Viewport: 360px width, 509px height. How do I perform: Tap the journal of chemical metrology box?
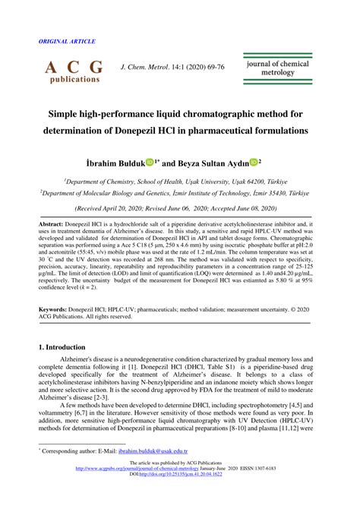pyautogui.click(x=277, y=69)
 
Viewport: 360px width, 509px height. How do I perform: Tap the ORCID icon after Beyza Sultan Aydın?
pyautogui.click(x=274, y=161)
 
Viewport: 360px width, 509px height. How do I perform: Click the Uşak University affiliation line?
pyautogui.click(x=180, y=182)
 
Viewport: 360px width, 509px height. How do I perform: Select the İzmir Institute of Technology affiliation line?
pyautogui.click(x=180, y=194)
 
